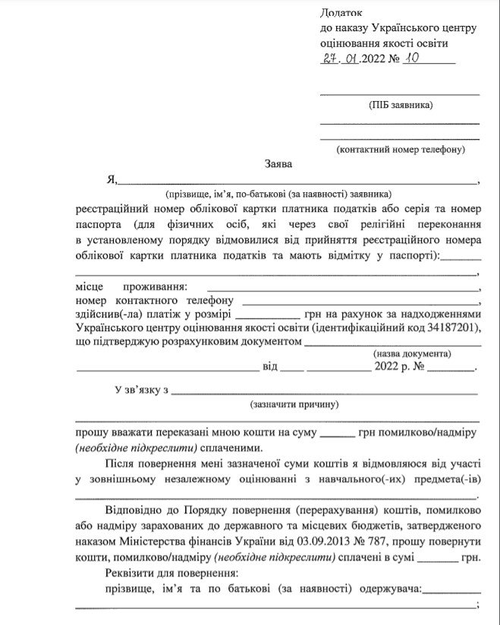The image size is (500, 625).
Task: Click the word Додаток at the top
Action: click(x=341, y=13)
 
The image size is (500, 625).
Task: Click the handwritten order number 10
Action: click(x=413, y=58)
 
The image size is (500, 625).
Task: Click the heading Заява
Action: click(x=278, y=163)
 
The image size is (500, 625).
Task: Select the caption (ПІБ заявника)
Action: click(x=400, y=106)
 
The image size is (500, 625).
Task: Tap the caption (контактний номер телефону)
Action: click(x=400, y=150)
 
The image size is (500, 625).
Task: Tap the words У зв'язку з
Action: click(x=141, y=390)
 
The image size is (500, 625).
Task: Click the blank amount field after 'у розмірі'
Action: click(x=267, y=313)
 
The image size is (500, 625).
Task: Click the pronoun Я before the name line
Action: click(x=111, y=180)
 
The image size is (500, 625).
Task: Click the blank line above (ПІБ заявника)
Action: click(x=400, y=93)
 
